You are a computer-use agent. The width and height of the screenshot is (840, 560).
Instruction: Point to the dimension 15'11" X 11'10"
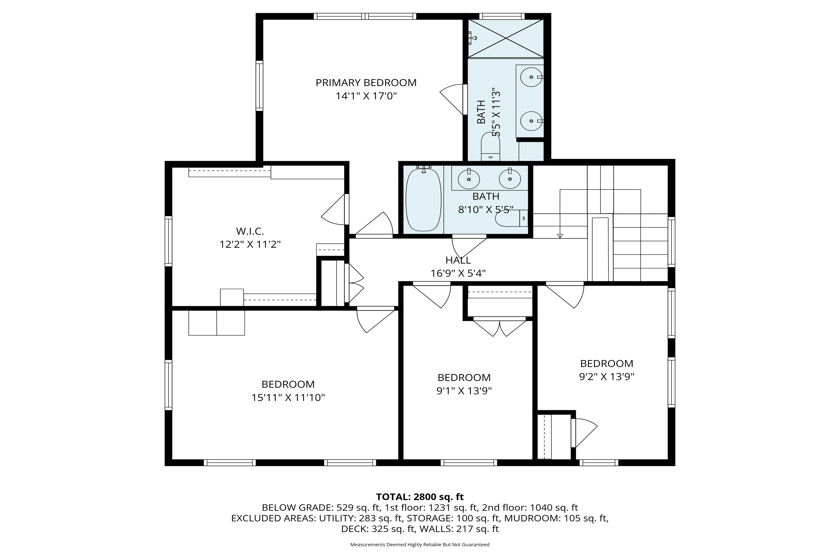[x=288, y=398]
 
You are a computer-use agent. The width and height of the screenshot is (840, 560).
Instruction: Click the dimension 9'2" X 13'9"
[x=606, y=377]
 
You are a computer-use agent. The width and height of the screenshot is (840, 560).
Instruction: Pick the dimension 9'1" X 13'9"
[x=464, y=391]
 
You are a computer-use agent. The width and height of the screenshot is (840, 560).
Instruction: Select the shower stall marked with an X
[x=506, y=38]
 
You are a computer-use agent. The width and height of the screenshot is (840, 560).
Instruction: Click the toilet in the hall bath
[x=511, y=218]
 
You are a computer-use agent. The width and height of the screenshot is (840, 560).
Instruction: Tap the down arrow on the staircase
[x=560, y=236]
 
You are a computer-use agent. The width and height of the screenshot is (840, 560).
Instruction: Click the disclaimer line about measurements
[x=420, y=545]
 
